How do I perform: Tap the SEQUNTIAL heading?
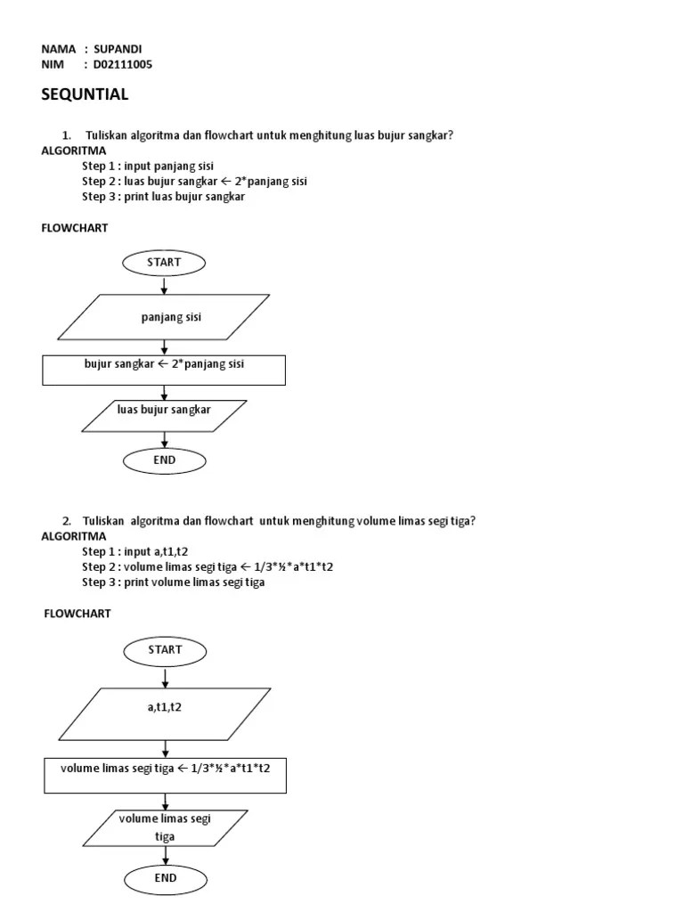tap(85, 94)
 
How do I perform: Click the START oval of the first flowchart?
tap(165, 263)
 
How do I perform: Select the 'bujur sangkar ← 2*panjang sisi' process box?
tap(164, 370)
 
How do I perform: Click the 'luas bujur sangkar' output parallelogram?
tap(165, 416)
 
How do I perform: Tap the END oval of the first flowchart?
tap(165, 460)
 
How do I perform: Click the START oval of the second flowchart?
tap(165, 650)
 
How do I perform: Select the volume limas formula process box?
tap(165, 775)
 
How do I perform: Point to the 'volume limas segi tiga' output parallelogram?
tap(165, 828)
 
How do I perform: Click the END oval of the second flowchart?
tap(165, 878)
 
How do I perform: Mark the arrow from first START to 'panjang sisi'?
tap(165, 285)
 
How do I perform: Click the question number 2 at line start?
tap(67, 521)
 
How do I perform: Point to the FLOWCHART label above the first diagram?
tap(75, 228)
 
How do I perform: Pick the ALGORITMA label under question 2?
tap(74, 536)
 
